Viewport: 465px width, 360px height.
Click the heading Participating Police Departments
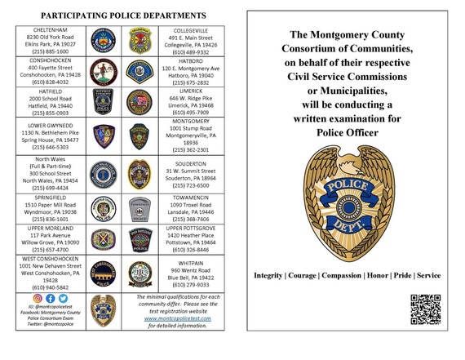pos(122,16)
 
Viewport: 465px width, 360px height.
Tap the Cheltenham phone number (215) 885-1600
pos(51,51)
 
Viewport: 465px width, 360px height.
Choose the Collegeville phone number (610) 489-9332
pos(193,50)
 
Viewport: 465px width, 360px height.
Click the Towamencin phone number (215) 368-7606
pos(193,219)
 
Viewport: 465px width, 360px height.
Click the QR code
pos(426,308)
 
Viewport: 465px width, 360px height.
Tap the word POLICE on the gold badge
pos(347,186)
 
